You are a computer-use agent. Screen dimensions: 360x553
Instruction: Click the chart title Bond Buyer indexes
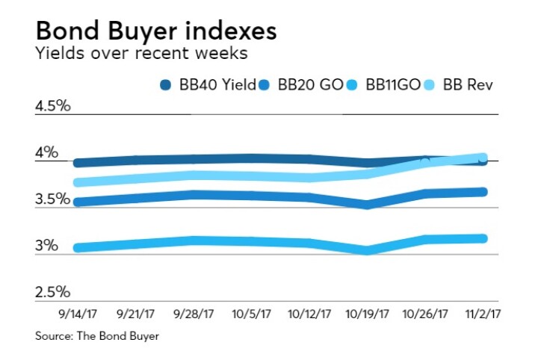click(x=156, y=31)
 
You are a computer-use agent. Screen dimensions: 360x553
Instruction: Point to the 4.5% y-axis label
click(x=52, y=105)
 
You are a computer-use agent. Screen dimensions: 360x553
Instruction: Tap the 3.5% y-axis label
click(x=52, y=199)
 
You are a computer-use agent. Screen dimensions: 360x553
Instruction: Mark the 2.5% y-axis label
click(x=52, y=292)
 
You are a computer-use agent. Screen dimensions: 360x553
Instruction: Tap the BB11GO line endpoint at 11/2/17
click(x=482, y=238)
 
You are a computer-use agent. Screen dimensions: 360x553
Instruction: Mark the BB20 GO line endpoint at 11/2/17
click(x=482, y=192)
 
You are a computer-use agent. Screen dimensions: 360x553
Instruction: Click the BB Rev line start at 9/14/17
click(x=78, y=182)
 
